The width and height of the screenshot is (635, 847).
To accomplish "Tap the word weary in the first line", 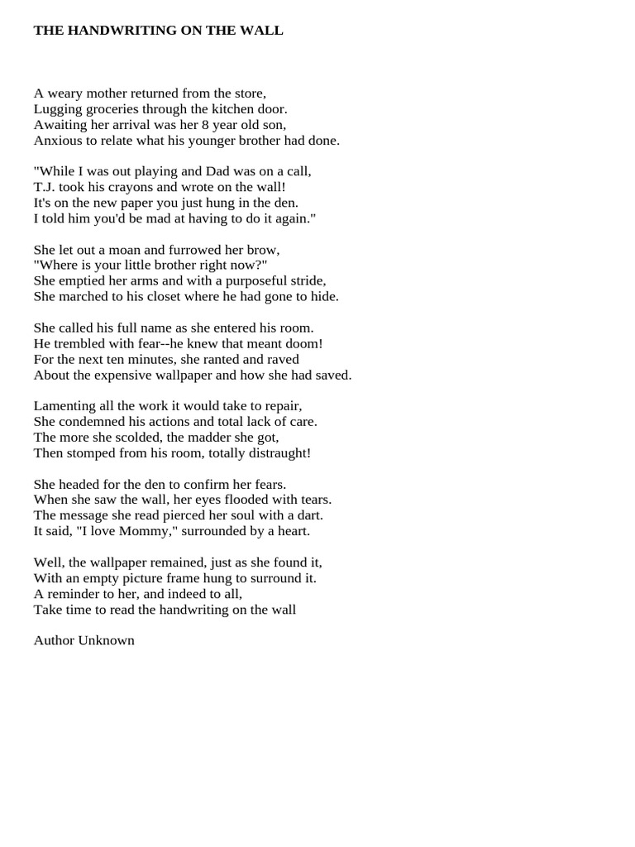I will (x=63, y=93).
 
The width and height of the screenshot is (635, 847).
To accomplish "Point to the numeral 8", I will (x=203, y=125).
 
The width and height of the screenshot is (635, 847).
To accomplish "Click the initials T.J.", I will (x=43, y=187).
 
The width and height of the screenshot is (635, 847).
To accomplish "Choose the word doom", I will (x=302, y=343).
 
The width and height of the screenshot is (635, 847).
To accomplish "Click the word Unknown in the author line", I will (x=107, y=640).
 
